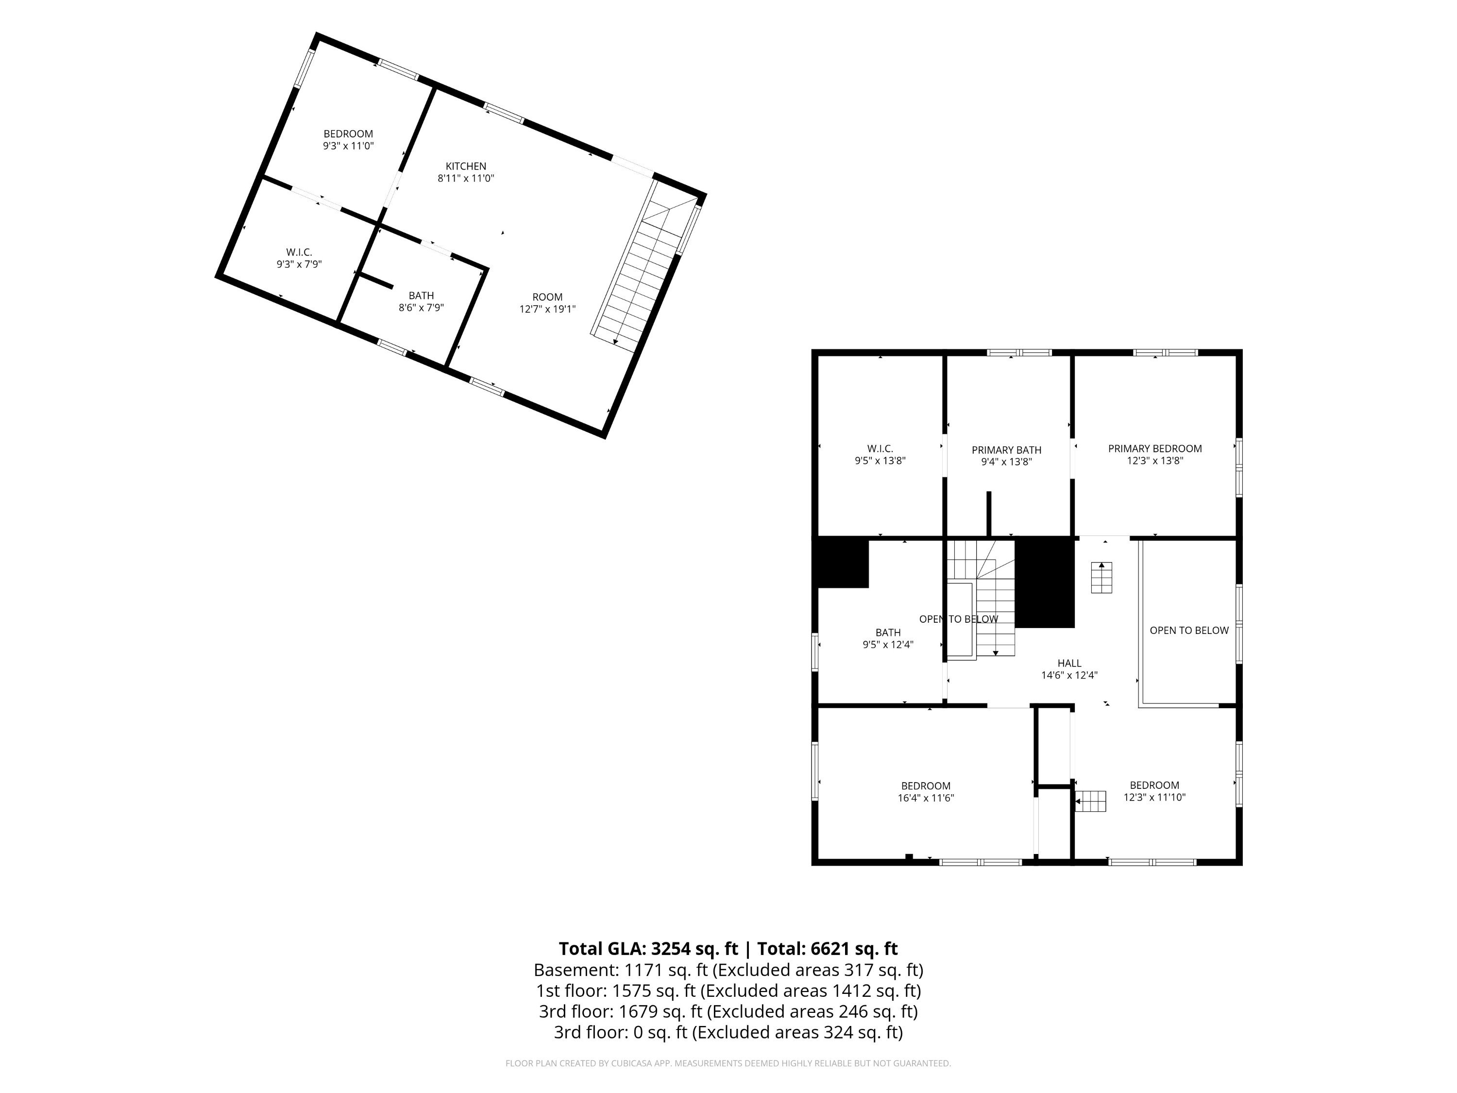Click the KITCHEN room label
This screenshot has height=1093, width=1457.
[466, 166]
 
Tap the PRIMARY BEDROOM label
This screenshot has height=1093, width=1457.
[1154, 449]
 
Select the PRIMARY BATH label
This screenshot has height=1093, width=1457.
[1006, 450]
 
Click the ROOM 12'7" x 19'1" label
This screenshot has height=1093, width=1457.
[547, 303]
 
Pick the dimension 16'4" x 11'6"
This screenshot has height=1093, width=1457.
[926, 798]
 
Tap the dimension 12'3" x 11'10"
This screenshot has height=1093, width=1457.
[1154, 797]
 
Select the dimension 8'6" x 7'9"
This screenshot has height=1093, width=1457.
[421, 307]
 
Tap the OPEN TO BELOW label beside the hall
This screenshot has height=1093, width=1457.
[1189, 631]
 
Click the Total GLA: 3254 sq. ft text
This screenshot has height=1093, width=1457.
[648, 949]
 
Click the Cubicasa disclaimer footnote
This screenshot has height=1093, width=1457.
[728, 1063]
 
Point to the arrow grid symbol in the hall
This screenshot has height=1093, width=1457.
[1101, 577]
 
